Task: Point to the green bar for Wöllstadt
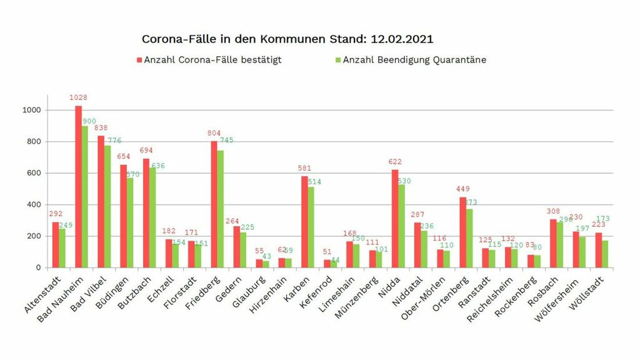click(605, 254)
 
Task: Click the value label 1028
click(78, 97)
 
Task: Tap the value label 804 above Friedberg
click(214, 133)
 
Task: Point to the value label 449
click(463, 189)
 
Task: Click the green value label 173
click(603, 219)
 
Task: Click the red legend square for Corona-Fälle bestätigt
click(140, 60)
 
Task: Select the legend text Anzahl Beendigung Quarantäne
click(414, 60)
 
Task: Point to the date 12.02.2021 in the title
click(402, 39)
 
